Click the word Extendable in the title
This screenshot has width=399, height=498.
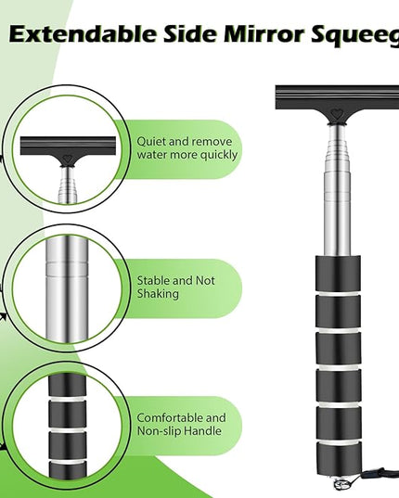83,33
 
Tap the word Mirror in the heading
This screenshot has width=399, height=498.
264,33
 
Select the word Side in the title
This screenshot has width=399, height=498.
190,33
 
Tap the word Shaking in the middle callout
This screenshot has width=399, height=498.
158,294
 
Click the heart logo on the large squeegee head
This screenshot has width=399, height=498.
337,113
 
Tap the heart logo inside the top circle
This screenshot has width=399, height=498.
67,159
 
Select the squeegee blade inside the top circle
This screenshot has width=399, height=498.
68,146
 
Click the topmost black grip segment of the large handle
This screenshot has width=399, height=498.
338,274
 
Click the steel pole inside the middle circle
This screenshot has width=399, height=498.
67,289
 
